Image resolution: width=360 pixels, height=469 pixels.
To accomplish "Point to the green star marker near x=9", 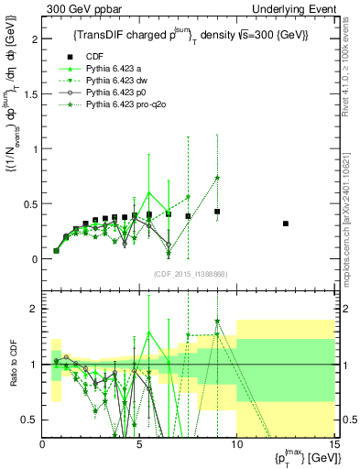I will click(x=217, y=178).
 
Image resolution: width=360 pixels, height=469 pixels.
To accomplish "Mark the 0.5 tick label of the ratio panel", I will click(x=31, y=420).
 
